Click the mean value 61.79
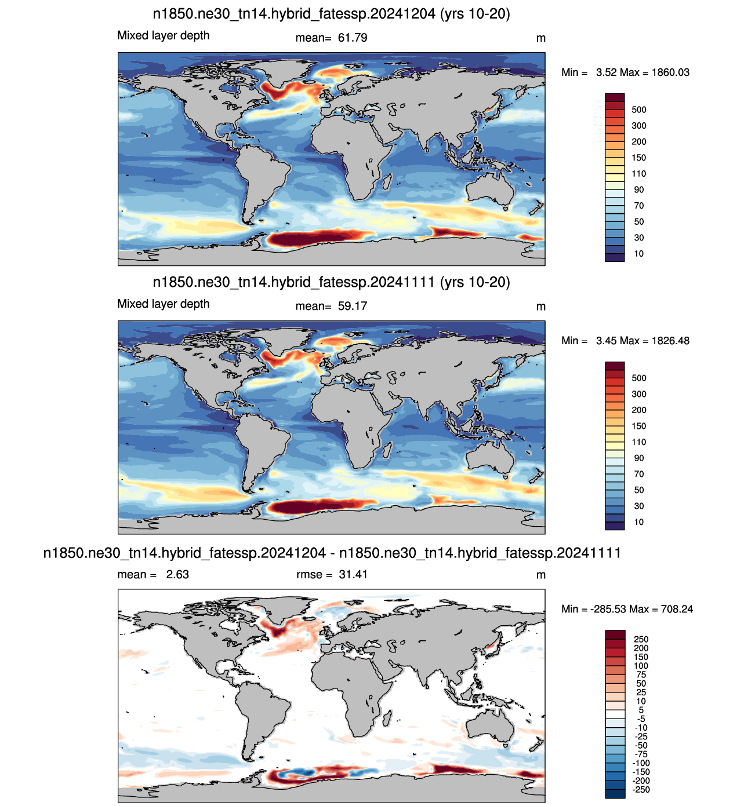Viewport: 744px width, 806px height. pyautogui.click(x=353, y=38)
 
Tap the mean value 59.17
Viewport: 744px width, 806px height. pyautogui.click(x=353, y=306)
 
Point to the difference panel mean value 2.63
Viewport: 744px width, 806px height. pyautogui.click(x=177, y=574)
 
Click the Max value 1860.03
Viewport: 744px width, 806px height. pyautogui.click(x=670, y=72)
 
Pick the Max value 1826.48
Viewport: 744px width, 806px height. pyautogui.click(x=670, y=341)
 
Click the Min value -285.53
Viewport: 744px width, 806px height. pyautogui.click(x=608, y=609)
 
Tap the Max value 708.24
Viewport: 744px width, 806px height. pyautogui.click(x=677, y=609)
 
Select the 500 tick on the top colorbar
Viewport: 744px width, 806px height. pyautogui.click(x=639, y=110)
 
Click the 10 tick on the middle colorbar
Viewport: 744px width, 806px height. pyautogui.click(x=639, y=522)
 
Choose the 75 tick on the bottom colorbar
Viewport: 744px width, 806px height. pyautogui.click(x=641, y=674)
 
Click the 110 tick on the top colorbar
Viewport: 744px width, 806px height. pyautogui.click(x=639, y=174)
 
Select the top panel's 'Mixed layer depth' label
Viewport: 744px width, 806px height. pyautogui.click(x=164, y=36)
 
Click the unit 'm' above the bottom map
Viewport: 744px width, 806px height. pyautogui.click(x=540, y=575)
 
